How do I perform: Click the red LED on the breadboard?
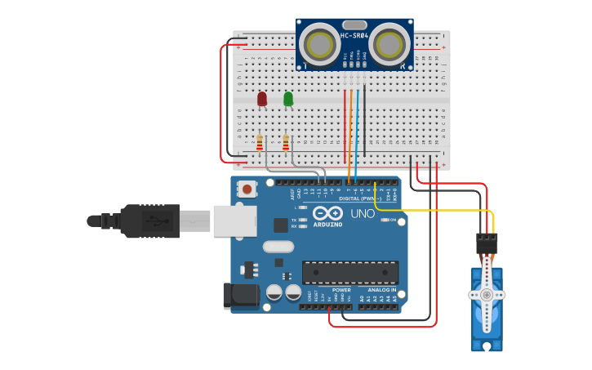262,98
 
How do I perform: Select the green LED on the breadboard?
288,98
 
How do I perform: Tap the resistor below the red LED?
260,143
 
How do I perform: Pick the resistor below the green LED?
286,143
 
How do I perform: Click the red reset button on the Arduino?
247,189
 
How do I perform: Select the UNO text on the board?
363,214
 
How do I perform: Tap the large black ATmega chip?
350,272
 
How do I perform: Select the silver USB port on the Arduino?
235,221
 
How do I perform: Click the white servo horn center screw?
487,294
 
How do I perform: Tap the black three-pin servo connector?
487,243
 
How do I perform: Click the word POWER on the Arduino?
341,290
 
